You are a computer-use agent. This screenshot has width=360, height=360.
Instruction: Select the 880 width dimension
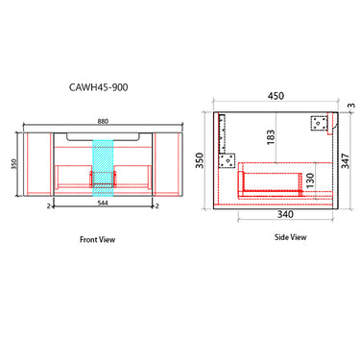104,121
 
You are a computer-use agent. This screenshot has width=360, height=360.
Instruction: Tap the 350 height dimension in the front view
14,164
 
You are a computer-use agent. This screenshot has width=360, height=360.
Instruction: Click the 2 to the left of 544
48,205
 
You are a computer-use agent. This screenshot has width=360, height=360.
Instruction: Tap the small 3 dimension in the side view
352,106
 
